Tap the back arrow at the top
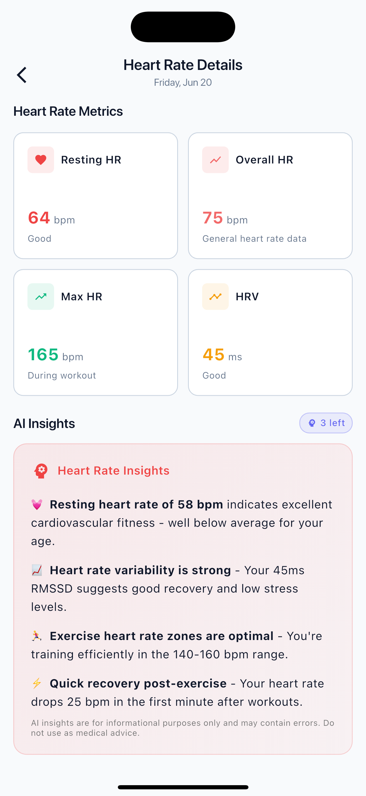click(22, 75)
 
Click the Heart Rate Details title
click(183, 65)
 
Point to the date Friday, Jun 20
click(183, 82)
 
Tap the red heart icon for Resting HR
click(41, 160)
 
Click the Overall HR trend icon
click(215, 160)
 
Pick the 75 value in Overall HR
click(213, 218)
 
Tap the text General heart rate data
click(254, 239)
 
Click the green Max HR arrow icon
click(41, 297)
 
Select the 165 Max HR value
click(43, 354)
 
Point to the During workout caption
click(62, 376)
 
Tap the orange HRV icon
click(215, 297)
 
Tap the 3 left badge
click(326, 423)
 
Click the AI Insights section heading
click(44, 423)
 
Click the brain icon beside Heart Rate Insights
click(41, 471)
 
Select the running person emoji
click(37, 636)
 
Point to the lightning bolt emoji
click(37, 683)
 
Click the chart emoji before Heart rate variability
click(37, 570)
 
